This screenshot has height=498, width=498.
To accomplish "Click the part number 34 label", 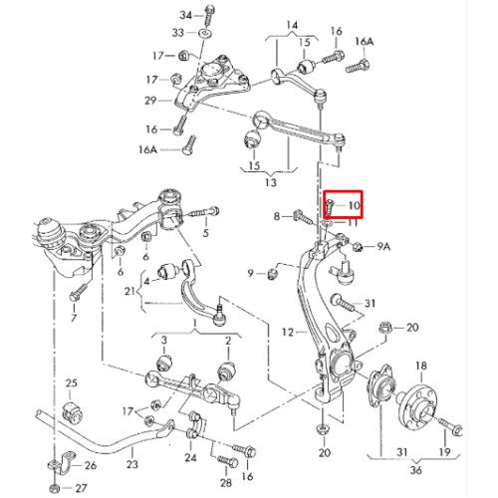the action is (186, 15).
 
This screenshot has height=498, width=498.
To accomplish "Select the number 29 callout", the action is (150, 100).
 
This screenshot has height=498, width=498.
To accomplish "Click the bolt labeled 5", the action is (204, 212).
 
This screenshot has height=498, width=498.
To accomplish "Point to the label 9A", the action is (382, 246).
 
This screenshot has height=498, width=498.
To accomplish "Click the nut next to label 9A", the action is (358, 246).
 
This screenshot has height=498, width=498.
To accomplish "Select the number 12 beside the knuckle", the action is (288, 332).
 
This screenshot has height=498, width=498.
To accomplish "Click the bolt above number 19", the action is (450, 425).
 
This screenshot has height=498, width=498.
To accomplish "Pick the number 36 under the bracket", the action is (415, 470).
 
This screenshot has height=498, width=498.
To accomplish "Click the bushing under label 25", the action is (73, 411).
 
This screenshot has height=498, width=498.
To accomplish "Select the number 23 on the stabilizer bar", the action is (132, 464).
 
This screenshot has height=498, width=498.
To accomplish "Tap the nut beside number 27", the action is (54, 488).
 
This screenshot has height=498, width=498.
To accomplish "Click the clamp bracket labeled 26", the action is (63, 461).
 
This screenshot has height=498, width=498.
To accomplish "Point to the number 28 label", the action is (226, 482).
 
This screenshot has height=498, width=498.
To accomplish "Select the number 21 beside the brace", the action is (129, 291).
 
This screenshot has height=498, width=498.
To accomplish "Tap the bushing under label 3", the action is (164, 364).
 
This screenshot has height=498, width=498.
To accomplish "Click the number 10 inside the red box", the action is (355, 206).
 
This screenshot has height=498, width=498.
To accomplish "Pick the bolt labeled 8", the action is (303, 216).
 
